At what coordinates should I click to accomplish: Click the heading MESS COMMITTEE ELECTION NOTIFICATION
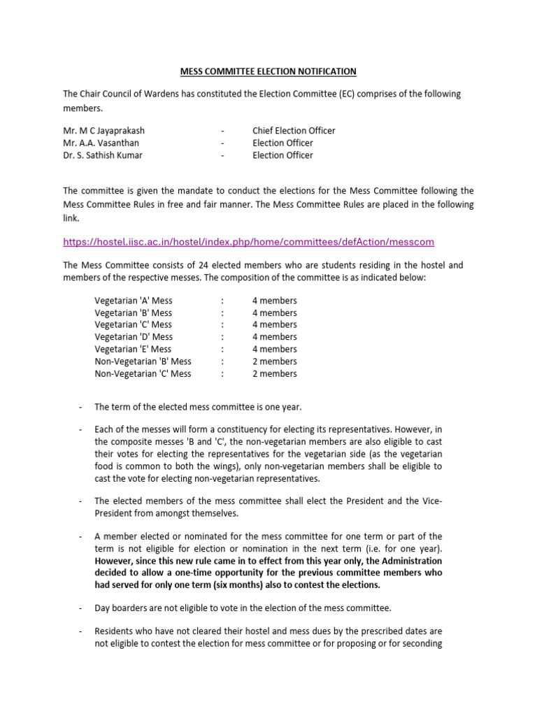268,71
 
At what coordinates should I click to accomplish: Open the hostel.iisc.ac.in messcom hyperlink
248,242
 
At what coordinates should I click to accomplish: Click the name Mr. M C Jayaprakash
104,131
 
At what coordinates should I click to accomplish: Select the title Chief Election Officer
294,131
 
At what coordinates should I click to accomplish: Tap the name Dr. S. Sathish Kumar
103,155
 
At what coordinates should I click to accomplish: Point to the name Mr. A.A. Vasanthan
100,143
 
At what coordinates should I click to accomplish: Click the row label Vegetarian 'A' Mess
133,301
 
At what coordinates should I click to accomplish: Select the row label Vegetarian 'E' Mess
133,349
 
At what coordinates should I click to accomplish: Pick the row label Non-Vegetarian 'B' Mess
143,361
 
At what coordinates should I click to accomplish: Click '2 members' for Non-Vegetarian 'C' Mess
274,373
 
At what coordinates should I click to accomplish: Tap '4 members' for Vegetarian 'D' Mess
274,337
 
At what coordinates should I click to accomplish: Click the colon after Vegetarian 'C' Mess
222,324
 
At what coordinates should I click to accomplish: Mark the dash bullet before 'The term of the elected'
81,407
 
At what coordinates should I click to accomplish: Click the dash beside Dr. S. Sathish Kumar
222,155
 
